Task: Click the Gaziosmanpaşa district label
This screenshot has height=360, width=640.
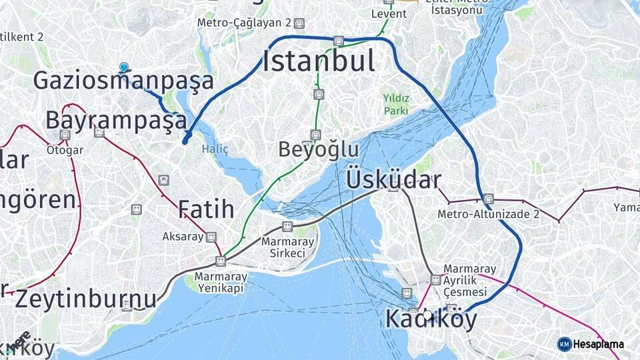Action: (123, 81)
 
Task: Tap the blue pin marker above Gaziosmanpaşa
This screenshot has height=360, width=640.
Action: (123, 67)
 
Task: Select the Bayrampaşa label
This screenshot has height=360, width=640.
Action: (116, 121)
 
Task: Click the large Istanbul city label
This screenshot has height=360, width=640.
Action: (319, 61)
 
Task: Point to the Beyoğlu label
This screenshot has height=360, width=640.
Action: (319, 150)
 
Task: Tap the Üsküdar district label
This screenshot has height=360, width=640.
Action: (393, 180)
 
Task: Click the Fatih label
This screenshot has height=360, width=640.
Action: (206, 209)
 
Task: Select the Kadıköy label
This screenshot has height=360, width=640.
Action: (431, 320)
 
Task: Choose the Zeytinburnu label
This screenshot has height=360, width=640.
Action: (86, 298)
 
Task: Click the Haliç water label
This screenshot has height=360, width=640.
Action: (215, 149)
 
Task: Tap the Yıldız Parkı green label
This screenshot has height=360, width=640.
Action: (395, 105)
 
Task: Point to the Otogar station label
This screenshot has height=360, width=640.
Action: (65, 150)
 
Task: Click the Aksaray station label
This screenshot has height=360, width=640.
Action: (183, 237)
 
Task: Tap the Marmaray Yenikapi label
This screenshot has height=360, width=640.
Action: (221, 282)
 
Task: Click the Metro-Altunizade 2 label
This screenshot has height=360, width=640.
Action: (489, 214)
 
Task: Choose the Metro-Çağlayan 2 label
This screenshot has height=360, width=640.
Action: (244, 23)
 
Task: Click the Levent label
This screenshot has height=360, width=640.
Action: (389, 13)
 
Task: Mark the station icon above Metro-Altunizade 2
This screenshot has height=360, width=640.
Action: (489, 199)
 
